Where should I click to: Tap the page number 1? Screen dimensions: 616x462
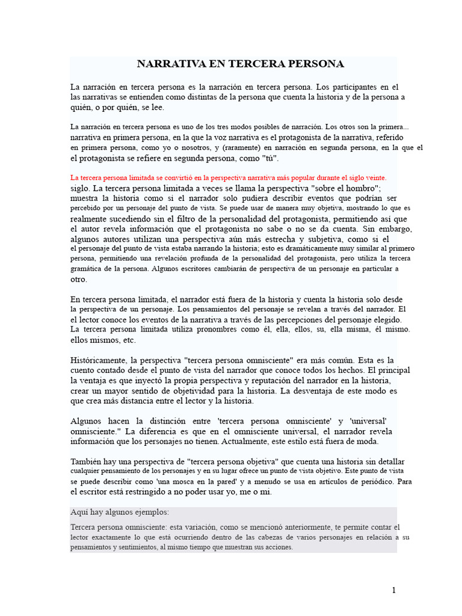[394, 590]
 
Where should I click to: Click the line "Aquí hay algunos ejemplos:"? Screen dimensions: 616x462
[120, 513]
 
